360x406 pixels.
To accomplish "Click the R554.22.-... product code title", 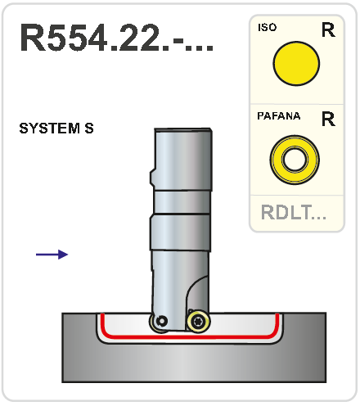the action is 117,38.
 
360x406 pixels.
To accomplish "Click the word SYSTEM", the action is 50,129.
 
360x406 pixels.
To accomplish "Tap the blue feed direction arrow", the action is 52,255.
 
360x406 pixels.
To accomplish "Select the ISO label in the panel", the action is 268,27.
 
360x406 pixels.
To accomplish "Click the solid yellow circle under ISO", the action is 296,64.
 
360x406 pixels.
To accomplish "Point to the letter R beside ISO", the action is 328,29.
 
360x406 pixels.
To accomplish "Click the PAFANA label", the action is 279,116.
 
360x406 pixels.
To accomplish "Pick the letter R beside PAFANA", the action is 328,119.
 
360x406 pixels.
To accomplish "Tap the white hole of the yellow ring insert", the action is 295,160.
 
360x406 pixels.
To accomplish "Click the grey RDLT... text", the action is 294,212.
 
